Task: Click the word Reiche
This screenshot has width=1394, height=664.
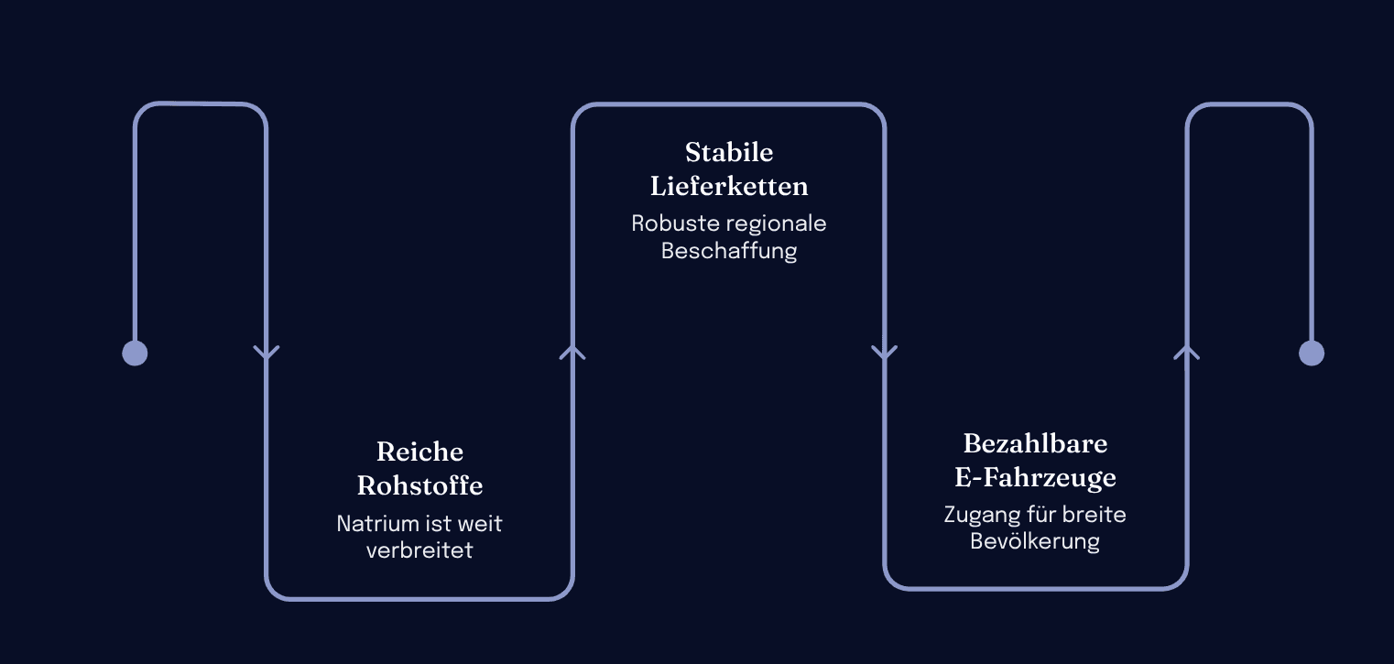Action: (419, 452)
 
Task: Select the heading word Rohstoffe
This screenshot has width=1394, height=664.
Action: (419, 485)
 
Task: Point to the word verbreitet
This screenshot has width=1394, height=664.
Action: (419, 550)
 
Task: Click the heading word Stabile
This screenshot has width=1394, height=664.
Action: (729, 152)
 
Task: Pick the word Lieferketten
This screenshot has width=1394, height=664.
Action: (729, 186)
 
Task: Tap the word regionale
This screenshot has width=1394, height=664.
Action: (778, 223)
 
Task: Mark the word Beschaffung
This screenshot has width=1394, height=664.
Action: (729, 251)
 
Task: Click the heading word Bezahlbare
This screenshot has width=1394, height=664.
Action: (1035, 443)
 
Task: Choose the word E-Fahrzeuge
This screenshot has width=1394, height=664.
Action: (1035, 477)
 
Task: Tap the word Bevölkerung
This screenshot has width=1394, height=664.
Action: (1035, 541)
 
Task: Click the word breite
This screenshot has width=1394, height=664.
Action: (1095, 515)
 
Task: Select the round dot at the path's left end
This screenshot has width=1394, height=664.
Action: (135, 353)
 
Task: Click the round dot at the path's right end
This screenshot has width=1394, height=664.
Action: (1312, 353)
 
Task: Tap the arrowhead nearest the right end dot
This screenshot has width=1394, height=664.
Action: (1187, 352)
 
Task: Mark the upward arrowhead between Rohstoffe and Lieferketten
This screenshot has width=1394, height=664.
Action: (572, 352)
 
